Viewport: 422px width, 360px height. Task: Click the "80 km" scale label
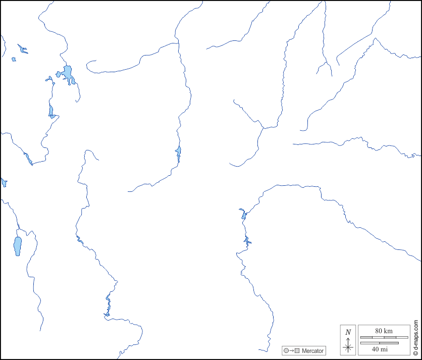[x=384, y=331]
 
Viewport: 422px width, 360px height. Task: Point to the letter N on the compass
[x=348, y=332]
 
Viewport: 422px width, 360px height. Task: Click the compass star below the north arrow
[x=348, y=347]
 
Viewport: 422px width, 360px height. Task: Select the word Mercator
[x=312, y=350]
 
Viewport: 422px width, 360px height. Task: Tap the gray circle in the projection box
[x=286, y=350]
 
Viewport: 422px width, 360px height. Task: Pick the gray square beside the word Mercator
[x=297, y=350]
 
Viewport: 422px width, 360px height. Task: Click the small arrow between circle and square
[x=292, y=350]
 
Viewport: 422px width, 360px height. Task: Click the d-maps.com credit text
[x=415, y=333]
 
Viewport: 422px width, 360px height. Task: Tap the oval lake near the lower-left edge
[x=18, y=246]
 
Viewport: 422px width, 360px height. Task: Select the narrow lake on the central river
[x=178, y=153]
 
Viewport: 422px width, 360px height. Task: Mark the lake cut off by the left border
[x=4, y=182]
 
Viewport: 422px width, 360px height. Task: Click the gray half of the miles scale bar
[x=379, y=343]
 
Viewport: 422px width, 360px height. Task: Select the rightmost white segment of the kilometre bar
[x=402, y=337]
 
